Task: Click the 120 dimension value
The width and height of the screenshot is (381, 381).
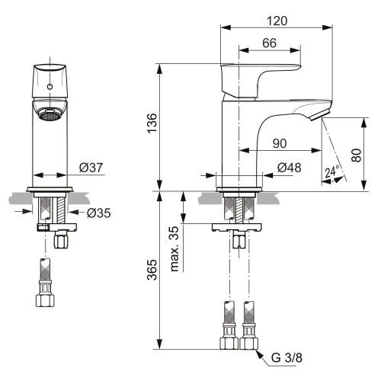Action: pyautogui.click(x=277, y=21)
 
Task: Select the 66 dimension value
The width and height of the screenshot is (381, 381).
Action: pyautogui.click(x=270, y=43)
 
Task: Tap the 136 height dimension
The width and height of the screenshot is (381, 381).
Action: pyautogui.click(x=152, y=123)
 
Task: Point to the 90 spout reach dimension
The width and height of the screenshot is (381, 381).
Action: pyautogui.click(x=280, y=143)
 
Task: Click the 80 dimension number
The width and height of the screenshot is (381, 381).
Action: pyautogui.click(x=357, y=155)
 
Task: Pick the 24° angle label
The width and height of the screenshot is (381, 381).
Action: pyautogui.click(x=332, y=171)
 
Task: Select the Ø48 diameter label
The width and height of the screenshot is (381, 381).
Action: pyautogui.click(x=290, y=168)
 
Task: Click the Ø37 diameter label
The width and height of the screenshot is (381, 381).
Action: pyautogui.click(x=91, y=168)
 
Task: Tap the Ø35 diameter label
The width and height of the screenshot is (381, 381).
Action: pyautogui.click(x=99, y=213)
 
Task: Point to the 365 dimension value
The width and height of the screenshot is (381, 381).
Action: pyautogui.click(x=152, y=270)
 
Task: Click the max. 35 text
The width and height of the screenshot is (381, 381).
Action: pyautogui.click(x=174, y=249)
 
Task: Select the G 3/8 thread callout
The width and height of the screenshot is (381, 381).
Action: pyautogui.click(x=287, y=357)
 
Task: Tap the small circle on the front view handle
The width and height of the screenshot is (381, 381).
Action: pyautogui.click(x=50, y=87)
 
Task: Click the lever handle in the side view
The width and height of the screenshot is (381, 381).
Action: pyautogui.click(x=261, y=81)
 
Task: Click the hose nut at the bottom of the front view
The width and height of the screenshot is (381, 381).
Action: pyautogui.click(x=45, y=300)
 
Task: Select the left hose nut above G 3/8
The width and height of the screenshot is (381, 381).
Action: pyautogui.click(x=229, y=343)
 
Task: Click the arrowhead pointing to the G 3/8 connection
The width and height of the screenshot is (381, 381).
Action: pyautogui.click(x=259, y=354)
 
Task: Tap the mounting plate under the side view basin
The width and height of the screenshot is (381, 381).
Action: pyautogui.click(x=237, y=227)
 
